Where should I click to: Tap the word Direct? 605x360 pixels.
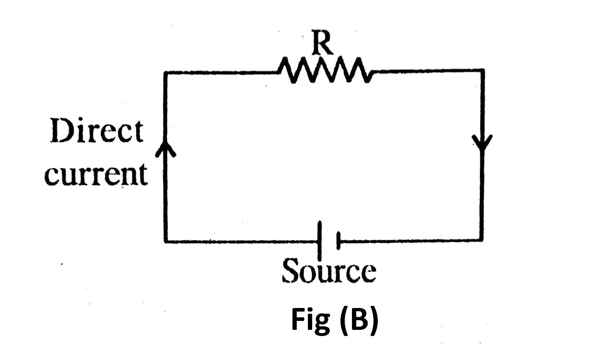(x=97, y=131)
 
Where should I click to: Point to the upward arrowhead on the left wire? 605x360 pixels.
(x=165, y=151)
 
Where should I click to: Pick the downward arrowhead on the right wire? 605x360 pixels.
(x=482, y=142)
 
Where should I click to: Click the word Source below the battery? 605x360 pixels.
(x=329, y=271)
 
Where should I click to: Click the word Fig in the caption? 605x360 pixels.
(x=310, y=320)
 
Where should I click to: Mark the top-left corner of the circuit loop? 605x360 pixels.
(x=165, y=73)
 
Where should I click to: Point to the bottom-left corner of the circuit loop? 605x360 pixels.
(x=166, y=241)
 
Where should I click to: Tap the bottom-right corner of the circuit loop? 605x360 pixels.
(x=482, y=240)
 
